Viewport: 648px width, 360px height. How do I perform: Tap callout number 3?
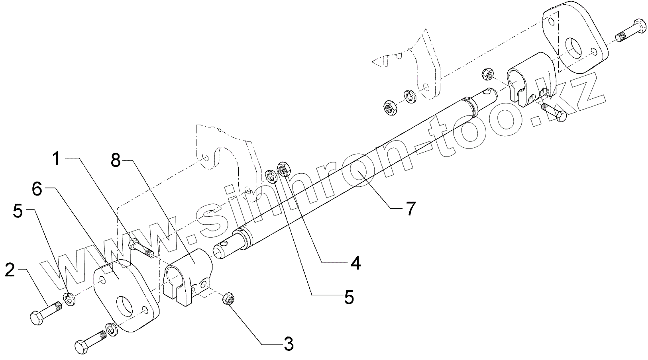[289, 343]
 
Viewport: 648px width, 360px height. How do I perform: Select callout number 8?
[116, 161]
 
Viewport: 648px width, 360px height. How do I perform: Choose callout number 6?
[37, 190]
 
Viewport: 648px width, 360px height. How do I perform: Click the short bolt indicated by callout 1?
[140, 247]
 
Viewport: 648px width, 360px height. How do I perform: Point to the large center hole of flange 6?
[124, 306]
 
